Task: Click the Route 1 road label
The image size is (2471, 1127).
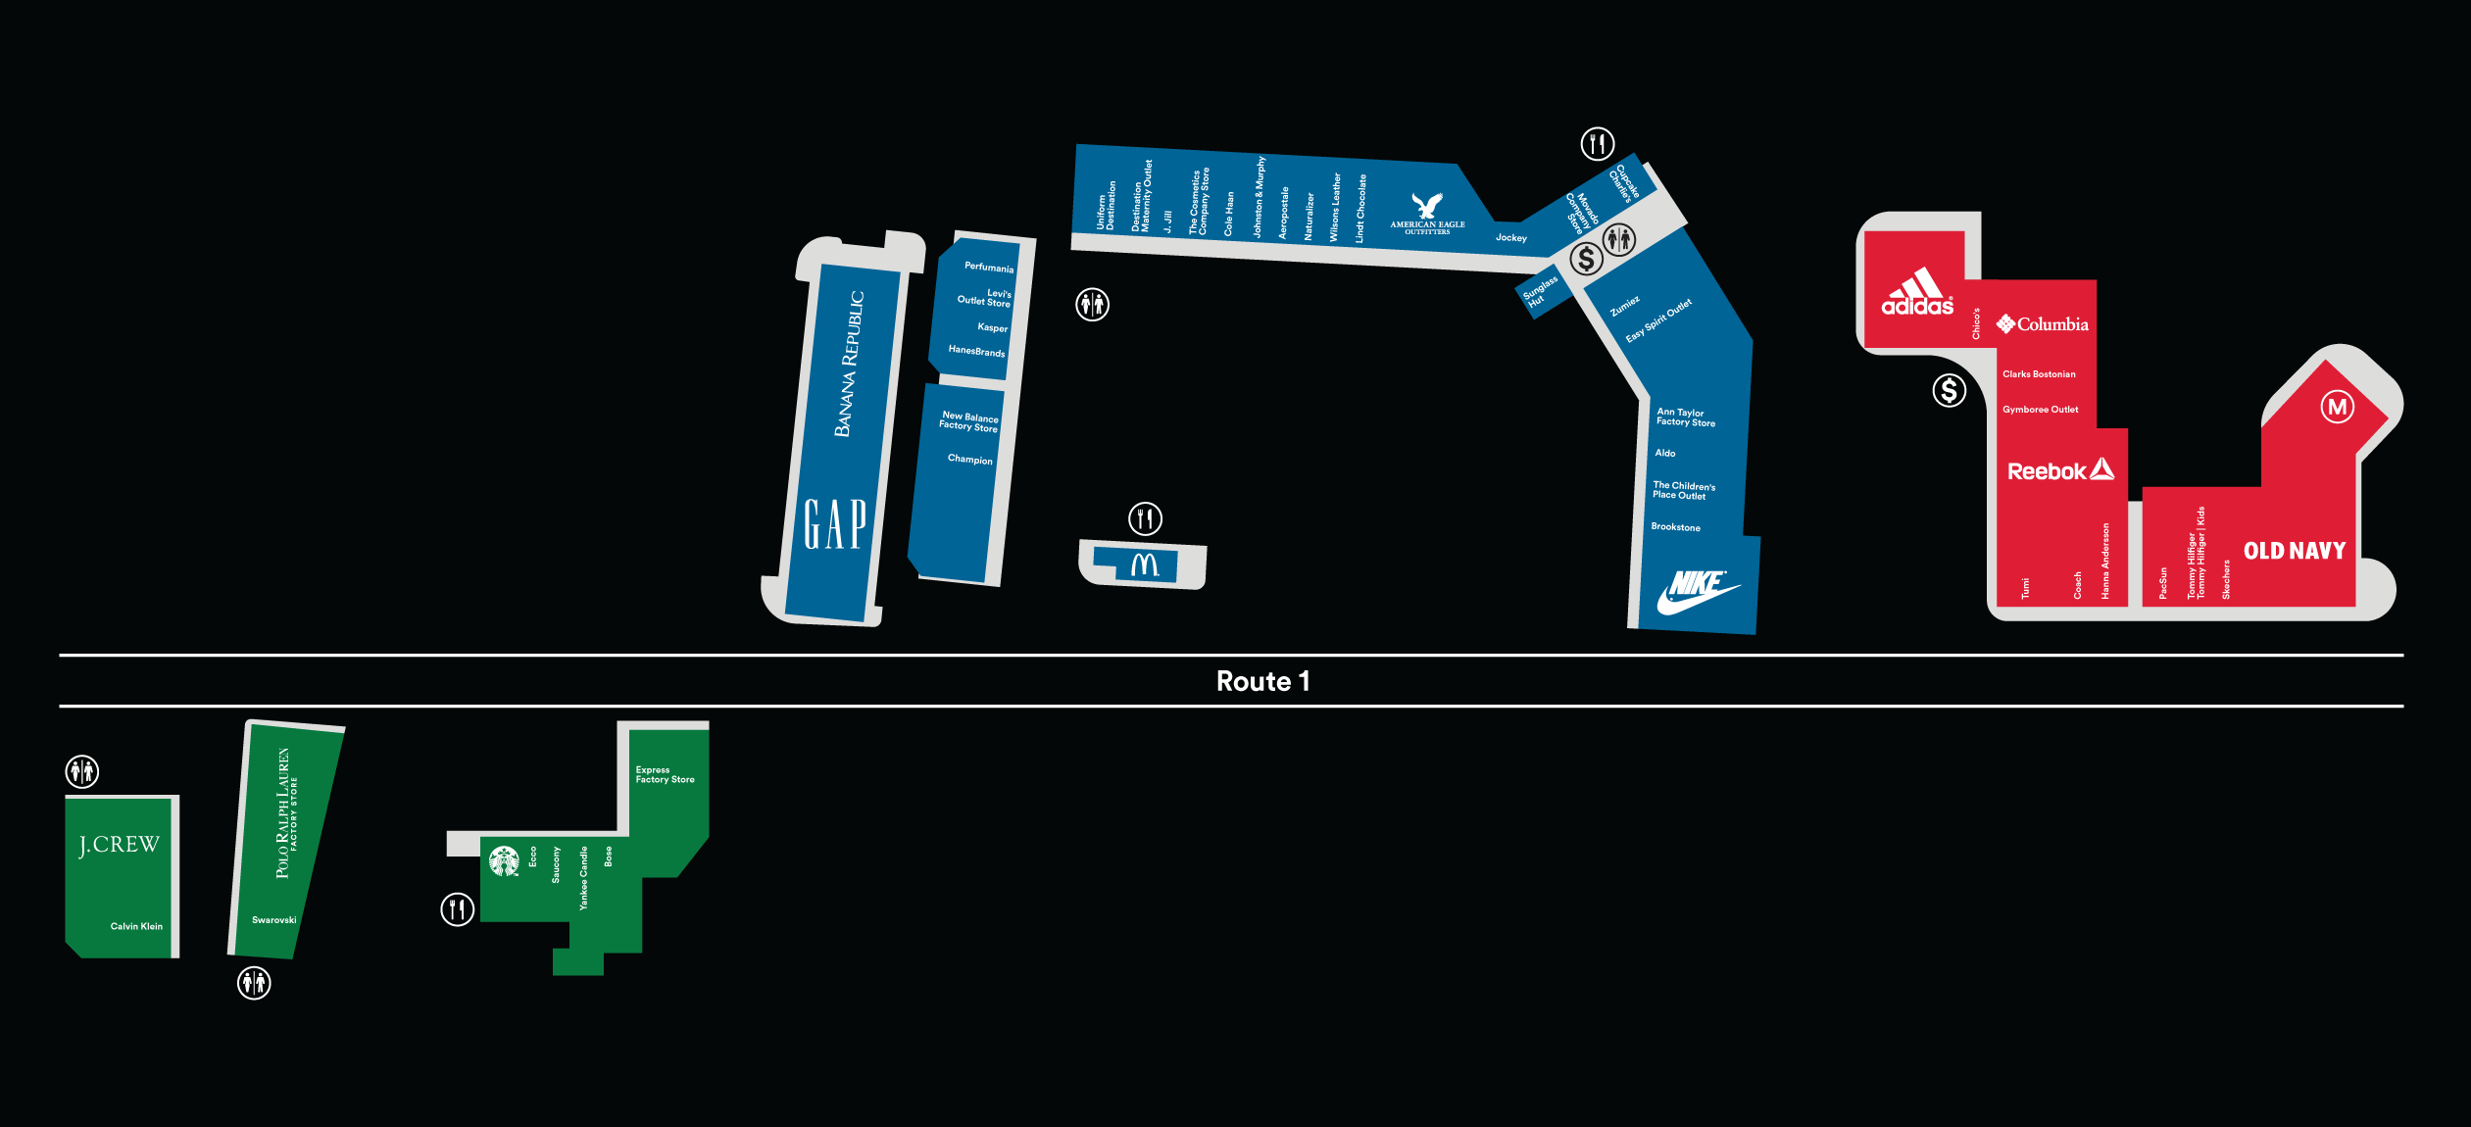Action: coord(1262,681)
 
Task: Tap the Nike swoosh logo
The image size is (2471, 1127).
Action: coord(1699,592)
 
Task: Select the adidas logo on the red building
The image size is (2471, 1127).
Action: coord(1917,291)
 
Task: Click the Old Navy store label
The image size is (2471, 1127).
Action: coord(2295,551)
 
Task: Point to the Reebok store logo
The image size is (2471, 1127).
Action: coord(2060,470)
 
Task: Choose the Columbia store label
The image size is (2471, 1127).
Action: coord(2043,323)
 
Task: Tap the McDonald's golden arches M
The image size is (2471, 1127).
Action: coord(1145,564)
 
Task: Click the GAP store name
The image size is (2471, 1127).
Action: coord(835,524)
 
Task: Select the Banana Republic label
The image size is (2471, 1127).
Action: coord(849,364)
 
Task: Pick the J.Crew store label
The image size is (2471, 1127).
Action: coord(119,845)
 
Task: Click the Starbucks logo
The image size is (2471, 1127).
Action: coord(504,861)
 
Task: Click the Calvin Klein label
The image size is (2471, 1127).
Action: coord(136,926)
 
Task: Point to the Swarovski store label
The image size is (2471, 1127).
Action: coord(273,920)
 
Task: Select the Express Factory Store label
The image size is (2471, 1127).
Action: coord(665,775)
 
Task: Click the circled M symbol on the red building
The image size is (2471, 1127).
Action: coord(2338,407)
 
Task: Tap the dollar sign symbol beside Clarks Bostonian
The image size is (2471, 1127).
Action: coord(1949,391)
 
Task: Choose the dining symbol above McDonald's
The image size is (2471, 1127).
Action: coord(1145,518)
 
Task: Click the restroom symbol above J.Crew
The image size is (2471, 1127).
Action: coord(82,771)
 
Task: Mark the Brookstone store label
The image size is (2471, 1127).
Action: coord(1675,527)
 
